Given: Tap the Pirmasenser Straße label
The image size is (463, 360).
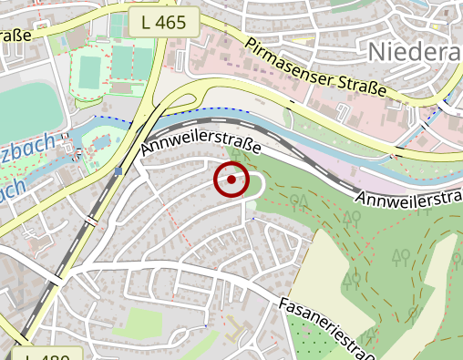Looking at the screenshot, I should [315, 67].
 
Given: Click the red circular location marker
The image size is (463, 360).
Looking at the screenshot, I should [231, 180].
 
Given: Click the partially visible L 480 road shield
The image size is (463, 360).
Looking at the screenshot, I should [47, 354].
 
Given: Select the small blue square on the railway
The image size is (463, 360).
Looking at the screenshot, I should [118, 170].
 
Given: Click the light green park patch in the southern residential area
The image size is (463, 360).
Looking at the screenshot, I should [142, 322].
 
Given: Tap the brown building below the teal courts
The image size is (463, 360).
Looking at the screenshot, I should [122, 88].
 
